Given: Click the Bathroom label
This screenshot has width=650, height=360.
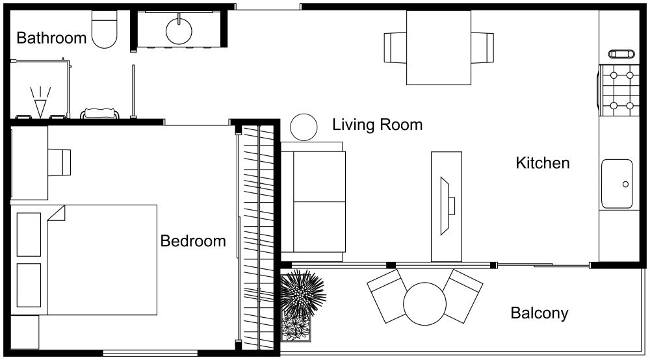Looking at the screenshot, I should (51, 38).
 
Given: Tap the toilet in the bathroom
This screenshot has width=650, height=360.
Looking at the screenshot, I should (104, 31).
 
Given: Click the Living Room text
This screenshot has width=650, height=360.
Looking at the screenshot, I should (377, 125).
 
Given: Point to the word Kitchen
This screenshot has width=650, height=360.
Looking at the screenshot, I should (542, 162).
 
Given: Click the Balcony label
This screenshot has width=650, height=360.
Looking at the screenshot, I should (539, 313).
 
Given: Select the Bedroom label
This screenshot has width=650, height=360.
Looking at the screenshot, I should (193, 241).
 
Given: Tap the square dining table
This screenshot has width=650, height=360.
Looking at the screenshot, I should (439, 47).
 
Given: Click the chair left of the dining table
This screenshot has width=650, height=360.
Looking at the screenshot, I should (395, 47).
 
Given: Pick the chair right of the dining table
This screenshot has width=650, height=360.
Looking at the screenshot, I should (482, 47).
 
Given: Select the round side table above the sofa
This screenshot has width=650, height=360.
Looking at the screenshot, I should (303, 127).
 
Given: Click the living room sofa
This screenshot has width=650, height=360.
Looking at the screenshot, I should (313, 201).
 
